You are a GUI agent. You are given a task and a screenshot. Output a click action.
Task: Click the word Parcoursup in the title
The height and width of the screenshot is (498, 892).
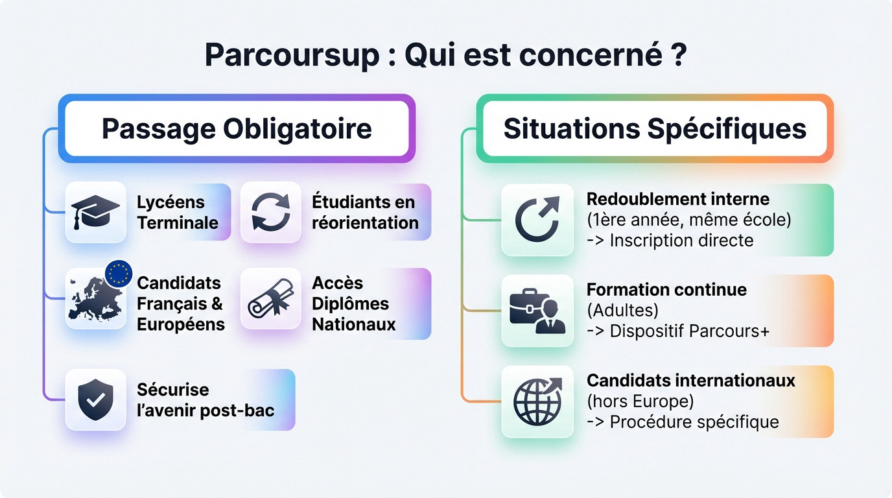(292, 55)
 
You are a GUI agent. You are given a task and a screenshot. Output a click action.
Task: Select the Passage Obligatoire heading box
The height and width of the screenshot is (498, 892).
(237, 128)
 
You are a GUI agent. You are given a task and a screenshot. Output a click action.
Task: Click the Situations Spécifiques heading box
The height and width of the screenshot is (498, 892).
(655, 128)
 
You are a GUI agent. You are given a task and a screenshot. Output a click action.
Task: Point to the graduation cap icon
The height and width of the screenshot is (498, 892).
(95, 212)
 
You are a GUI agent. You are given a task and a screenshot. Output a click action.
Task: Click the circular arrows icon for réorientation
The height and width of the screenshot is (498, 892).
(270, 212)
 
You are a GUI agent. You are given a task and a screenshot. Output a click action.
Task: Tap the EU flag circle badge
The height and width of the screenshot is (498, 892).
(119, 274)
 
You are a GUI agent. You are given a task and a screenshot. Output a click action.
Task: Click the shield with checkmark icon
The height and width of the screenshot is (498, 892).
(95, 399)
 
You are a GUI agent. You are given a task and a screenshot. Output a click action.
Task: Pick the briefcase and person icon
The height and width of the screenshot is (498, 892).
(537, 311)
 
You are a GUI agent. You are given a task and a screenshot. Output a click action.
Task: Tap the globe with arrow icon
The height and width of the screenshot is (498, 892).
(537, 401)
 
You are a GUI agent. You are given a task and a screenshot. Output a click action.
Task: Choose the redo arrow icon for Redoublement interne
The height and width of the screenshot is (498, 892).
(537, 219)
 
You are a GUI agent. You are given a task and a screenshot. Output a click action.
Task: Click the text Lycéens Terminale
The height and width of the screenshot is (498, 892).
(177, 212)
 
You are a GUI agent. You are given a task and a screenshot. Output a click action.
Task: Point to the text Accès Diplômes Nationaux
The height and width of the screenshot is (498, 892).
(353, 303)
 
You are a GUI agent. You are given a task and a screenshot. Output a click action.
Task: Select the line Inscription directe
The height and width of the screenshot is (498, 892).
(681, 241)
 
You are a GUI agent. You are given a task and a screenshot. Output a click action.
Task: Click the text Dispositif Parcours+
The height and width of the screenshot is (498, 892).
(689, 331)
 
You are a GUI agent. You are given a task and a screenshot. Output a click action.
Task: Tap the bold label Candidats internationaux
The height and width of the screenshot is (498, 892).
(690, 380)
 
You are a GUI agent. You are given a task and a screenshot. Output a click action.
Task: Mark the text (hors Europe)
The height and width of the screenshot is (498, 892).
(640, 401)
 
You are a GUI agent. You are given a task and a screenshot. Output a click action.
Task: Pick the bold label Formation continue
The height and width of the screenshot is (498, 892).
(666, 289)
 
